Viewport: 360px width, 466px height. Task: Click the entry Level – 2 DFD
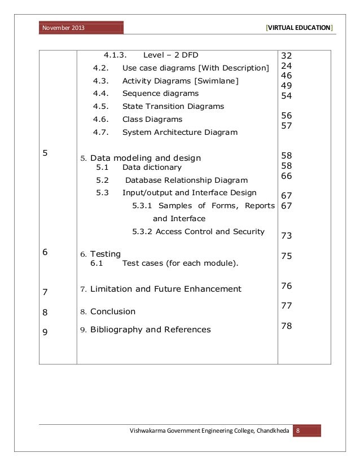tap(170, 55)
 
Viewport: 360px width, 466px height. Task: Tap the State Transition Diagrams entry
tap(173, 106)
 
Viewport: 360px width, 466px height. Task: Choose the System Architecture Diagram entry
tap(179, 133)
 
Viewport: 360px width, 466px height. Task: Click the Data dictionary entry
tap(152, 168)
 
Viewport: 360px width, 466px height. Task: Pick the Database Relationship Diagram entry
tap(186, 181)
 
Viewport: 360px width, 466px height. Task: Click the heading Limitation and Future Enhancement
tap(165, 289)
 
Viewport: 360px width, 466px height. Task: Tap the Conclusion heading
tap(113, 311)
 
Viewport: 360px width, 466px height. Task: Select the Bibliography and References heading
tap(150, 329)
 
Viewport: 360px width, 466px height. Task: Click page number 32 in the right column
tap(286, 56)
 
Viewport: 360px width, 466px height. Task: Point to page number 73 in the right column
tap(286, 235)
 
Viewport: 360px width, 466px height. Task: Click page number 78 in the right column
tap(286, 326)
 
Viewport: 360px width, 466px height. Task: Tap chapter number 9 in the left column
tap(45, 332)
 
